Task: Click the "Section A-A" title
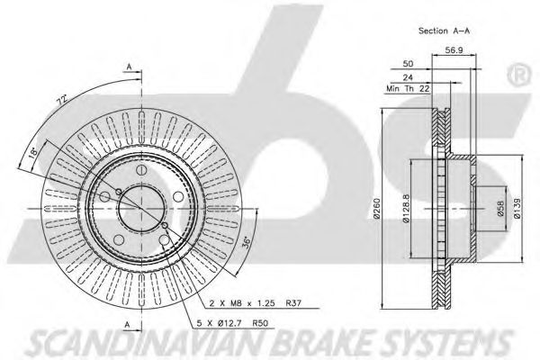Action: [x=444, y=31]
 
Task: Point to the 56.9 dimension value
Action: [x=454, y=50]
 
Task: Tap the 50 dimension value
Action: [x=408, y=64]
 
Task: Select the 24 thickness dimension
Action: [x=408, y=77]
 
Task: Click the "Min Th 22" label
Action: [x=408, y=89]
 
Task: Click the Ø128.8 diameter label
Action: [x=407, y=208]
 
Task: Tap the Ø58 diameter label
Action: [x=500, y=209]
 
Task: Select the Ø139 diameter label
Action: [x=517, y=208]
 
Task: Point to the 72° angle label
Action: [x=61, y=102]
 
